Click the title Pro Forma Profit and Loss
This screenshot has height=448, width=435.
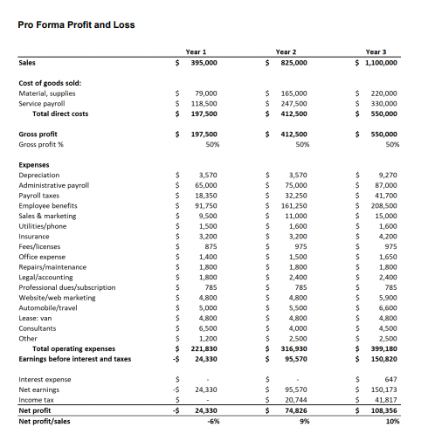[x=76, y=24]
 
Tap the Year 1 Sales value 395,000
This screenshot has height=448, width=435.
[x=204, y=63]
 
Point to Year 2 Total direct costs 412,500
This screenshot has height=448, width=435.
[x=292, y=114]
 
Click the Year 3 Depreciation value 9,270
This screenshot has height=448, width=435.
[x=385, y=175]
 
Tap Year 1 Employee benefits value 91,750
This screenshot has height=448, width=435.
[x=205, y=206]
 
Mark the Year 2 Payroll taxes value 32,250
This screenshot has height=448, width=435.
[x=294, y=196]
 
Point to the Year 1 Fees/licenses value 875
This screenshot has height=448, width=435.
[x=210, y=246]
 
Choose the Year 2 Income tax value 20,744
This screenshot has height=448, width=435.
[x=294, y=398]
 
